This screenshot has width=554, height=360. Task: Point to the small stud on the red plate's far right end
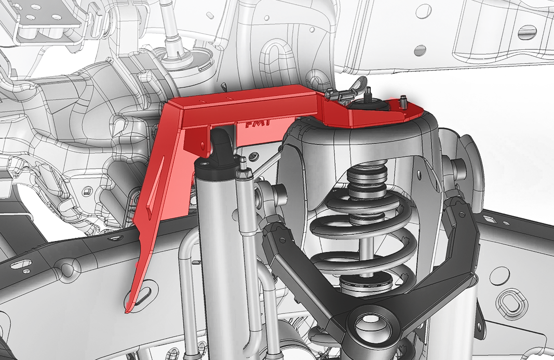402,99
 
